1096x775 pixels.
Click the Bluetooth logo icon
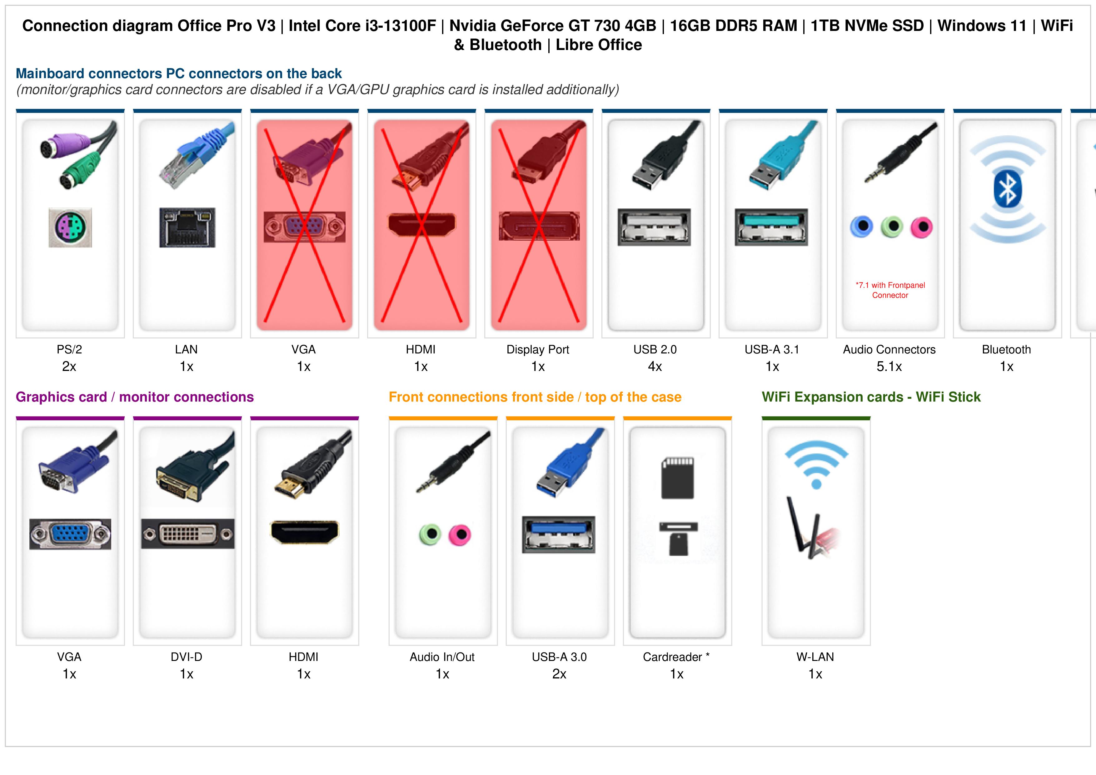tap(1007, 189)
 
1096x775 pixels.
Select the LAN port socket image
tap(187, 227)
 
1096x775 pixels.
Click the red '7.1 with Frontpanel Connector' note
tap(890, 290)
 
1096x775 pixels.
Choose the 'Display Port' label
tap(538, 350)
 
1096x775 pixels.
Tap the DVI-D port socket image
tap(187, 534)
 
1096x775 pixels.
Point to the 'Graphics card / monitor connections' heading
tap(135, 397)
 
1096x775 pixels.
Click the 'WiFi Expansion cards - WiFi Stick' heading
tap(871, 397)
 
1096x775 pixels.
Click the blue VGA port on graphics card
tap(70, 534)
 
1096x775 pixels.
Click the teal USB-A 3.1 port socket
tap(771, 227)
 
